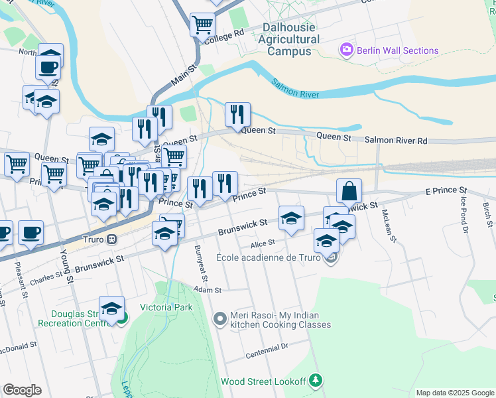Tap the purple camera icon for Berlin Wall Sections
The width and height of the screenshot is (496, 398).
pos(345,50)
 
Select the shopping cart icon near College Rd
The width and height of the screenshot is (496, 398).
pos(202,25)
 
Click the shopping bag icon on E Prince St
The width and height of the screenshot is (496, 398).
pos(349,191)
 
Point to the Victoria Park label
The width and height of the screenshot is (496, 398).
pos(166,307)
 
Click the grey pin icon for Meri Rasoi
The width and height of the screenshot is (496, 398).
pos(220,320)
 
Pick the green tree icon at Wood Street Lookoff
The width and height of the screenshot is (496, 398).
pos(317,380)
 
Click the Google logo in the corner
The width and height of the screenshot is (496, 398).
pos(22,389)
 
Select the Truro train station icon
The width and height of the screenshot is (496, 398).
pos(113,239)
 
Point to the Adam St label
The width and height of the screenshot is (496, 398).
pos(207,290)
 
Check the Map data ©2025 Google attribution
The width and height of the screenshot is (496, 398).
pos(454,393)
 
